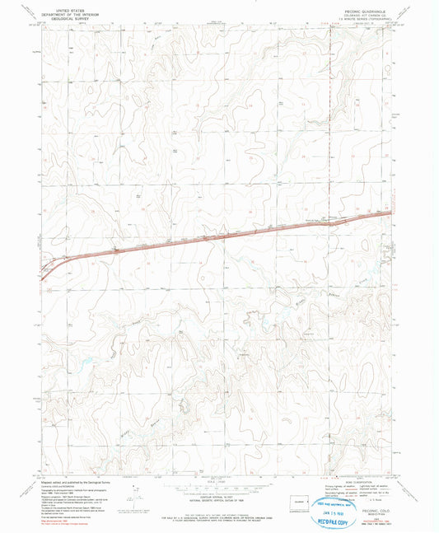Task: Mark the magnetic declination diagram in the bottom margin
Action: click(x=132, y=491)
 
